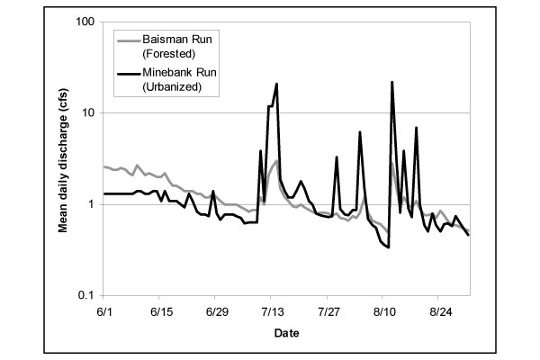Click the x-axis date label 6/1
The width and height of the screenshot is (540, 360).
tap(104, 310)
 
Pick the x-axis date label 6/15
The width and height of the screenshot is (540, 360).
tap(160, 310)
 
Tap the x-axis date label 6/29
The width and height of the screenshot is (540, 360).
tap(216, 310)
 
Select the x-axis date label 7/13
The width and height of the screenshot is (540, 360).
tap(272, 310)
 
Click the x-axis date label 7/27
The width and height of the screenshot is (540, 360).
tap(328, 310)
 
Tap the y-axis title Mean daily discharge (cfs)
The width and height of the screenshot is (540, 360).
tap(65, 158)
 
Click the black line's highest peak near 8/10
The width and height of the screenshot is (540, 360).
tap(391, 82)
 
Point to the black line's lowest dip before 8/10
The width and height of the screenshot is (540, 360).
tap(388, 247)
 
